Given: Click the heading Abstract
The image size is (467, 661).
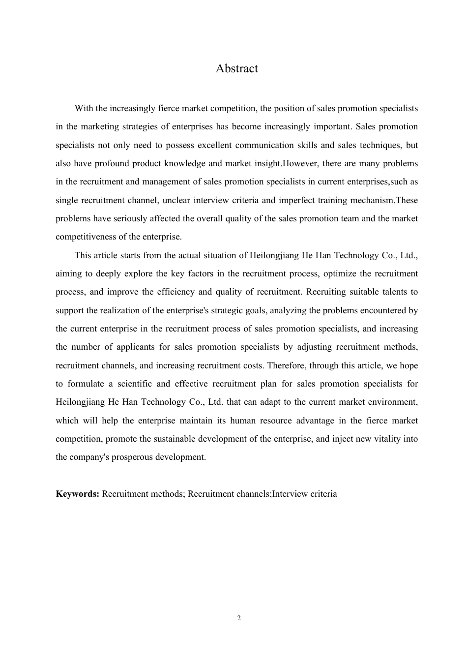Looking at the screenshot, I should [x=236, y=68].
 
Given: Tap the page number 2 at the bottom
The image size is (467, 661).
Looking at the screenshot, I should [x=239, y=618].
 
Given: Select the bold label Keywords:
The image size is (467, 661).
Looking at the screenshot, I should [x=78, y=494].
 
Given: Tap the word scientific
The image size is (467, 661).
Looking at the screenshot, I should [x=134, y=384].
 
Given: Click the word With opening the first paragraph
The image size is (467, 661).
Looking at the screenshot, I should [x=83, y=108].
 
